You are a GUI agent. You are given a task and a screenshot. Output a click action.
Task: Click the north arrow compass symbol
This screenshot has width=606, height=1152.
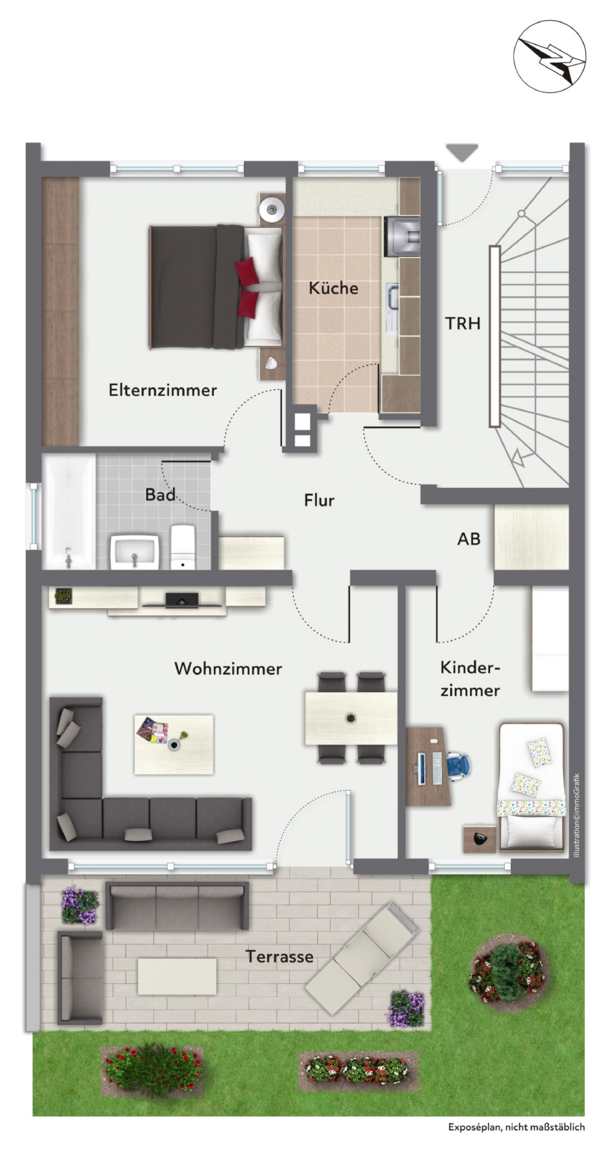[x=549, y=56]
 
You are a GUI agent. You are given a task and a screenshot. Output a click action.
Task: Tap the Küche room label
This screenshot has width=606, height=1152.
[x=333, y=288]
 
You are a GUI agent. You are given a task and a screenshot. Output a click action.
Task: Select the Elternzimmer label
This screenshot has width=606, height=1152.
[x=163, y=390]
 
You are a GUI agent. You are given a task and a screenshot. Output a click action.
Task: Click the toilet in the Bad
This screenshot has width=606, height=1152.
[x=182, y=547]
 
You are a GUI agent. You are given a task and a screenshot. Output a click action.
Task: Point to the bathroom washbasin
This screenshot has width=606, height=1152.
[x=134, y=552]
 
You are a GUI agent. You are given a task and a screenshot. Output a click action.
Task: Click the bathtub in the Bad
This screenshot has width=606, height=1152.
[x=70, y=511]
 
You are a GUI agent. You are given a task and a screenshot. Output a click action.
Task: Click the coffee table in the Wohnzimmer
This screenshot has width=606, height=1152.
[x=174, y=744]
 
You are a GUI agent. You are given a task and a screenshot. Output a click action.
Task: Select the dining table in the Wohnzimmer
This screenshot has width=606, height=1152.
[x=351, y=718]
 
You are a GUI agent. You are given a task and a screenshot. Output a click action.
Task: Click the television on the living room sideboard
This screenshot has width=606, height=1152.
[x=181, y=600]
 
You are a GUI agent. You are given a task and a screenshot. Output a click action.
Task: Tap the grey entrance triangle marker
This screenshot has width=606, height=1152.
[x=462, y=152]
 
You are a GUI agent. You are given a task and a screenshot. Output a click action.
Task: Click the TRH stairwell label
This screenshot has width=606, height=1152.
[x=463, y=323]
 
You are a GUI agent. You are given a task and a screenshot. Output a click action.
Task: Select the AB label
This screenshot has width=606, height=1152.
[x=469, y=539]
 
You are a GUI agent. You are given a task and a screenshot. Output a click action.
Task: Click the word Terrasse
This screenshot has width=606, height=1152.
[x=279, y=956]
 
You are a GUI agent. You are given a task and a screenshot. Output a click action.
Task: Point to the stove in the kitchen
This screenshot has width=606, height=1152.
[x=402, y=236]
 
